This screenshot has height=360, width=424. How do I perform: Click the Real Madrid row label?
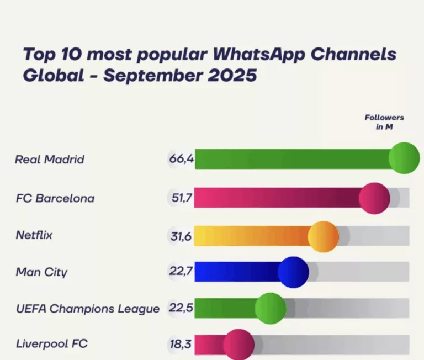50,160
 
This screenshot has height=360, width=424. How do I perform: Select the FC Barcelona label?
55,198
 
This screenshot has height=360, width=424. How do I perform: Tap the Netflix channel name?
34,235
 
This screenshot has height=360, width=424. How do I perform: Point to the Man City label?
42,272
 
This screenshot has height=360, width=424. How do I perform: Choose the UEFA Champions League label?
87,309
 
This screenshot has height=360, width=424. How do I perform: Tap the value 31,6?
181,236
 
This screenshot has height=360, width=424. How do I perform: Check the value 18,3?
181,345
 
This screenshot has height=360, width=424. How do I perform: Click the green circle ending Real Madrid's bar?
404,158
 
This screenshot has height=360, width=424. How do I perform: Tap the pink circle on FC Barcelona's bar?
374,198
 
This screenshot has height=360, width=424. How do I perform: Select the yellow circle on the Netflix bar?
323,236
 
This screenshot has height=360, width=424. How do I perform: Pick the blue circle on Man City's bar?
293,272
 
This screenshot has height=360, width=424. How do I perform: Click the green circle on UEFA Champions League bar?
271,309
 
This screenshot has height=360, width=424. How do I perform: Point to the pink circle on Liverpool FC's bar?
239,345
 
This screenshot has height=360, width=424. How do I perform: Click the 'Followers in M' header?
384,122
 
